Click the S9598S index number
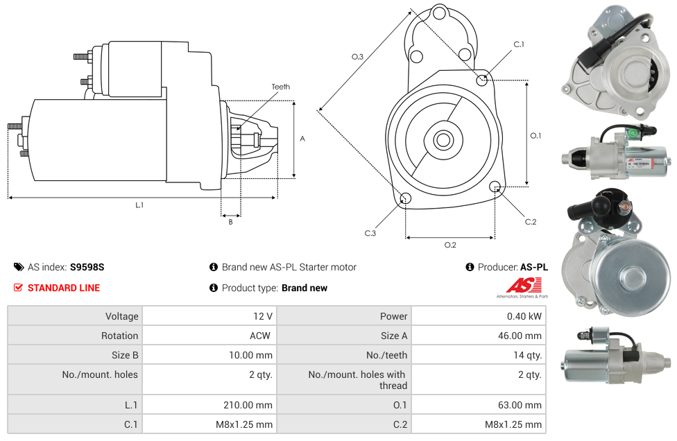click(87, 267)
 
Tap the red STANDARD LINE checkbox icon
click(18, 287)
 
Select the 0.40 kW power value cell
click(479, 316)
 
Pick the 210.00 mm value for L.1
click(248, 405)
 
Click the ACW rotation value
click(260, 336)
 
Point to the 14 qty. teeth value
click(527, 355)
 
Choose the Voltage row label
click(122, 316)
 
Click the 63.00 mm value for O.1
click(520, 405)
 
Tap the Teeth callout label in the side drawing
click(281, 87)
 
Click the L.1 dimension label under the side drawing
click(139, 205)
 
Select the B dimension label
click(230, 222)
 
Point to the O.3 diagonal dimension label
click(357, 57)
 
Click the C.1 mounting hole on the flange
click(482, 80)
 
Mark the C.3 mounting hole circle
click(405, 198)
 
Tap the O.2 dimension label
click(450, 245)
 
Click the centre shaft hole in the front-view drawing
click(443, 140)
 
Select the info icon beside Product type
click(213, 287)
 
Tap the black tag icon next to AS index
click(19, 267)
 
